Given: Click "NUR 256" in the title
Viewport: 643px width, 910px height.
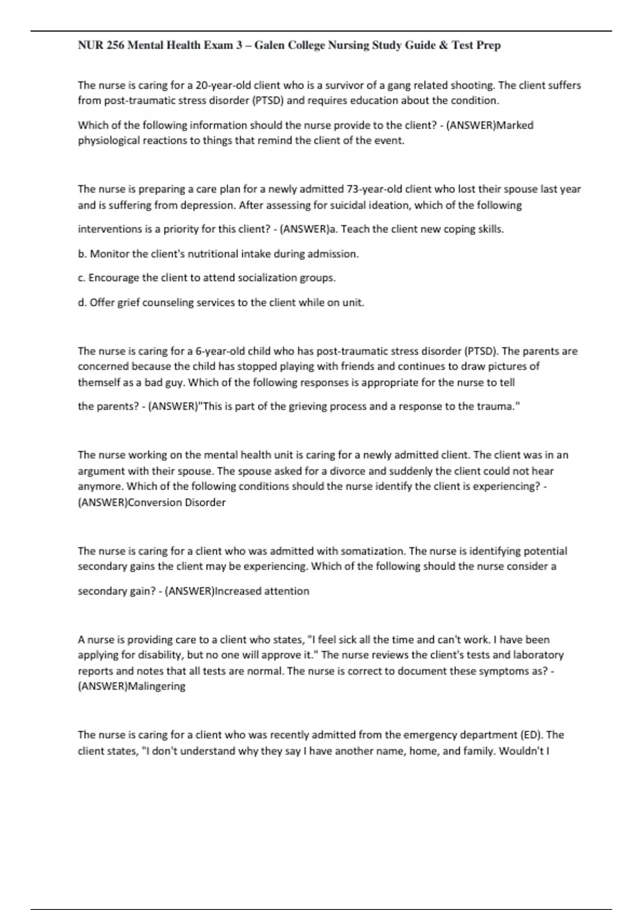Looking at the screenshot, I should click(101, 45).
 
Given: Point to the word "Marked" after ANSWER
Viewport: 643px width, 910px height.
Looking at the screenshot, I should click(515, 125).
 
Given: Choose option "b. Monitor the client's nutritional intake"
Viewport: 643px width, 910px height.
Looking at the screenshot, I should click(218, 254).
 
